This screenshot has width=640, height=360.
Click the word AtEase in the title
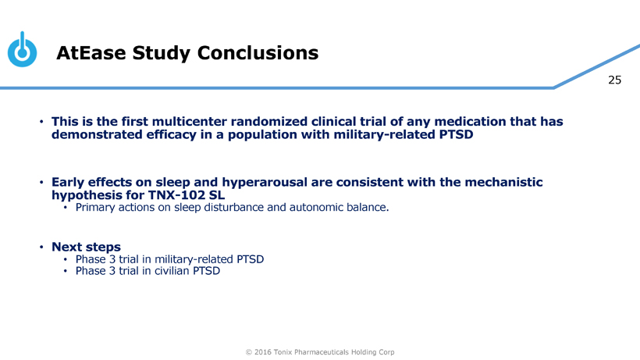(91, 53)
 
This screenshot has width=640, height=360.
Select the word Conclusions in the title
(258, 53)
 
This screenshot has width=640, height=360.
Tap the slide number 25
(614, 80)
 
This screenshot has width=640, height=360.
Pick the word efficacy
(172, 134)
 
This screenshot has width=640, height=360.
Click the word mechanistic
(503, 182)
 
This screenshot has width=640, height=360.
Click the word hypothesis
(84, 195)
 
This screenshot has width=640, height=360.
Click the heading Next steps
(86, 247)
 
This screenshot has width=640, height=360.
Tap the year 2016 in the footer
(262, 352)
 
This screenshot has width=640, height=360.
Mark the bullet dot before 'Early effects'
(41, 182)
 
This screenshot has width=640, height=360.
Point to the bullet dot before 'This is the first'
(41, 122)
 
